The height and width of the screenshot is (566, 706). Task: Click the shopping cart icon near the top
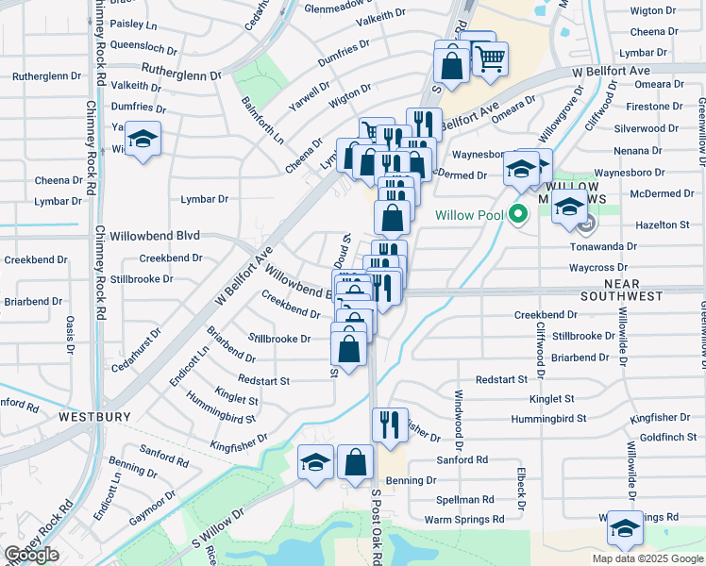tap(490, 59)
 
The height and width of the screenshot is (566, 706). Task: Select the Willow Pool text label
tap(468, 215)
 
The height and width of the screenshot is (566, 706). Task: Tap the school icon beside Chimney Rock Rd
tap(143, 140)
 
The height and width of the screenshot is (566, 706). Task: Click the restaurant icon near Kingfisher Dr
tap(388, 424)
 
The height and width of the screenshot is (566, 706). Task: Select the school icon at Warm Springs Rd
tap(624, 529)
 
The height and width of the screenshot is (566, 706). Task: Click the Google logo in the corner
tap(31, 555)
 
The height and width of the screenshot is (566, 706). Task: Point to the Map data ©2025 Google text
tap(647, 558)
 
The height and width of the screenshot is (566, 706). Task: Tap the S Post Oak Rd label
tap(375, 538)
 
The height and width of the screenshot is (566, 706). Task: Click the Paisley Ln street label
tap(133, 23)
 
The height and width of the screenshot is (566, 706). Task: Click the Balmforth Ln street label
tap(262, 120)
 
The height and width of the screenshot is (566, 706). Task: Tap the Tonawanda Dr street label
tap(605, 246)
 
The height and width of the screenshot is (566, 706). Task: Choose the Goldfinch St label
tap(667, 438)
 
